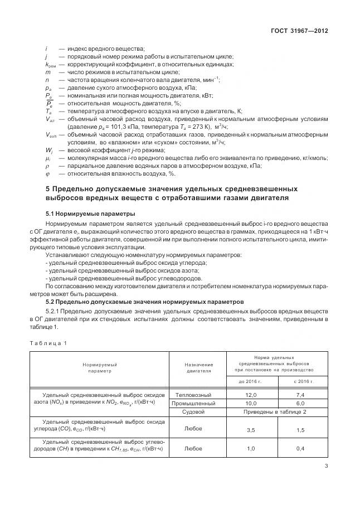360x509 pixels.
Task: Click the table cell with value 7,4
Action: tap(300, 394)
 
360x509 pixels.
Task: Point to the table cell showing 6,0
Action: tap(300, 403)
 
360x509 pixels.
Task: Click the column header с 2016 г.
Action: tap(300, 381)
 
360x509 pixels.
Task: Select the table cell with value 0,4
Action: tap(300, 448)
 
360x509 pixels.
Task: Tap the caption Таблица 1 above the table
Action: tap(49, 343)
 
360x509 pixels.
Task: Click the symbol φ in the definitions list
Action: tap(47, 174)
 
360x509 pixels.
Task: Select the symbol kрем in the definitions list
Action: tap(50, 64)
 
